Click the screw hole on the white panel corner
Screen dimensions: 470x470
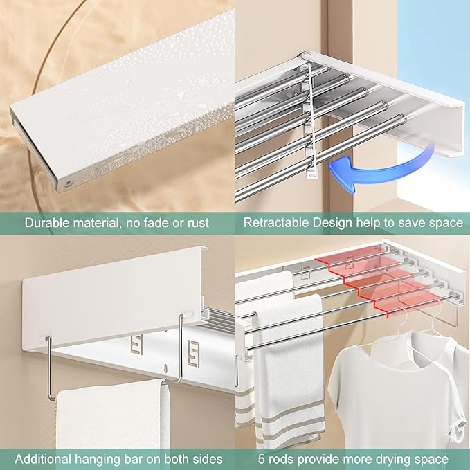point(69,183)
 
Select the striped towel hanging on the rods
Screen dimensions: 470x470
point(287,374)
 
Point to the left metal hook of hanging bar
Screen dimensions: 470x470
point(50,367)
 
